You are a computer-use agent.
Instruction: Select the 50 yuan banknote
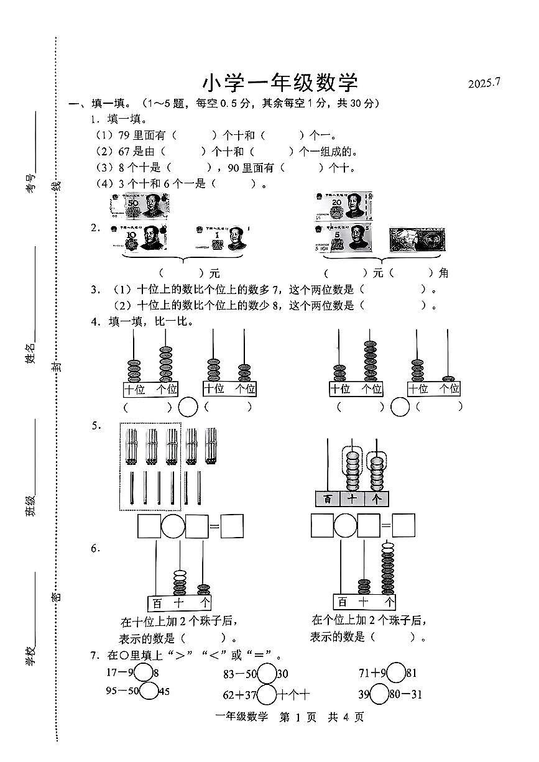(x=141, y=206)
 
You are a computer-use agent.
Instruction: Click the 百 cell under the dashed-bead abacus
(x=327, y=498)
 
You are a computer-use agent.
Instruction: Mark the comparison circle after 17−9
(x=144, y=672)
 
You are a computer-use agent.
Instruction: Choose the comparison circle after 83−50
(x=267, y=673)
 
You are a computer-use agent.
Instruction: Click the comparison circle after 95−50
(x=149, y=691)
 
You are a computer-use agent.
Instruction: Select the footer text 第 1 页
(x=298, y=717)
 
